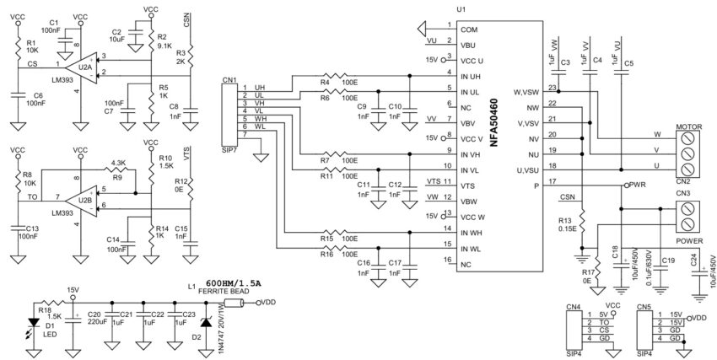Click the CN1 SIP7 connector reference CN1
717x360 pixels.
pyautogui.click(x=229, y=80)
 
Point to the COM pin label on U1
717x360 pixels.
pyautogui.click(x=469, y=30)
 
